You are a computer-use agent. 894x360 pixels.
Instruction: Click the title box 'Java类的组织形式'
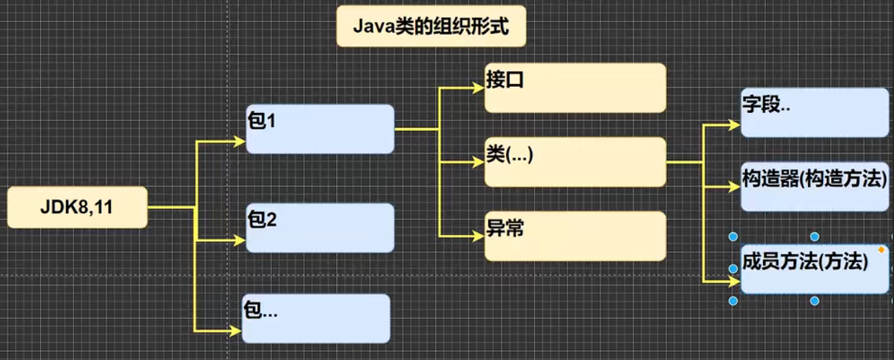431,27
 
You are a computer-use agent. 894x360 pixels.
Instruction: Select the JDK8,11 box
77,208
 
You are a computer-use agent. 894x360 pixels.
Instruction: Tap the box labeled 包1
320,129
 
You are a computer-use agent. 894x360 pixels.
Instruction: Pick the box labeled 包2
320,228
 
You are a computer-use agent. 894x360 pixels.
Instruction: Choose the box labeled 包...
315,319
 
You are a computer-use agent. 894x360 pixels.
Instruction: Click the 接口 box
575,87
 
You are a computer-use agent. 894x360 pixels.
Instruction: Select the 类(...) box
575,162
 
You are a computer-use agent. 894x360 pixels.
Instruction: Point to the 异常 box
575,236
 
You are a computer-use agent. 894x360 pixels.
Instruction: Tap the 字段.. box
815,112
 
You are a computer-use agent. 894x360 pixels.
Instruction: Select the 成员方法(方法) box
815,269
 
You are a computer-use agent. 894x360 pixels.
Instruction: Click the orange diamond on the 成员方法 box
881,250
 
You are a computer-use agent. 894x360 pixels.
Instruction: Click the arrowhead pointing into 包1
241,141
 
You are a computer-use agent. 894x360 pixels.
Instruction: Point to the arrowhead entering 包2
241,240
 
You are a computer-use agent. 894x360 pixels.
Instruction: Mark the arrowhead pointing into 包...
236,331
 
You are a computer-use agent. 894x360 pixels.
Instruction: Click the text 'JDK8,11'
77,208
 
